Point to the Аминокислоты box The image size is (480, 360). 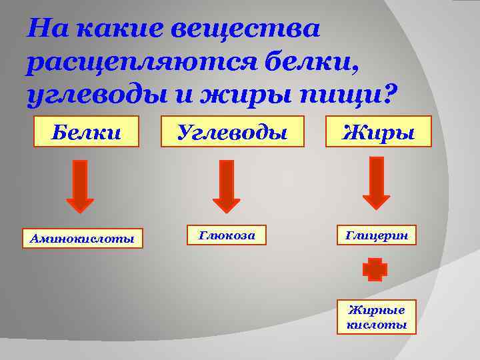(82, 238)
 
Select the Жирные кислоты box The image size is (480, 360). (377, 317)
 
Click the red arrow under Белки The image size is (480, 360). (81, 186)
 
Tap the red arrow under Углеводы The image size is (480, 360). (226, 186)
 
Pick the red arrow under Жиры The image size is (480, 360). (376, 183)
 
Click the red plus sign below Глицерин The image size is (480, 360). (375, 269)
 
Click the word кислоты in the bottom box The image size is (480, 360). (377, 325)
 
